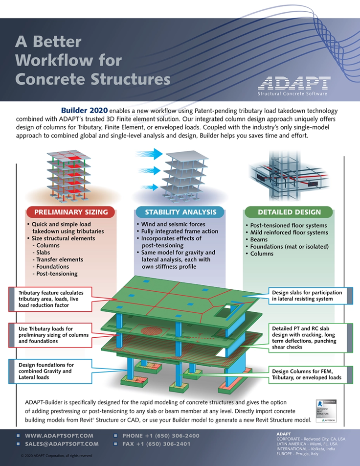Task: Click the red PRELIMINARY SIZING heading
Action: (x=70, y=212)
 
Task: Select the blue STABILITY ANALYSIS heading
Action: (x=180, y=212)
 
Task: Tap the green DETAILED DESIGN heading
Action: (x=290, y=212)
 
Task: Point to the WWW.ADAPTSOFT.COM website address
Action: (x=59, y=435)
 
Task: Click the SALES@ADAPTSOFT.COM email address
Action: (x=62, y=443)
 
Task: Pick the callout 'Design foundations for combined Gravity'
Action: (x=47, y=371)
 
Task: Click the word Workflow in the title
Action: (x=68, y=59)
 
